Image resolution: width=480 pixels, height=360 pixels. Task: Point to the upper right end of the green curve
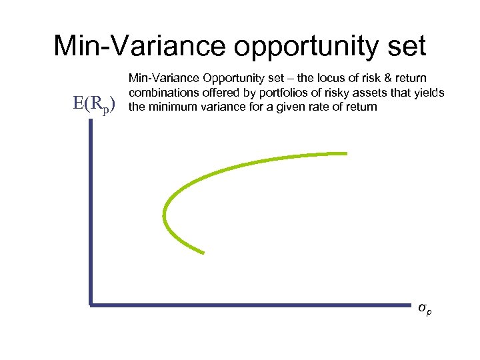point(347,154)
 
